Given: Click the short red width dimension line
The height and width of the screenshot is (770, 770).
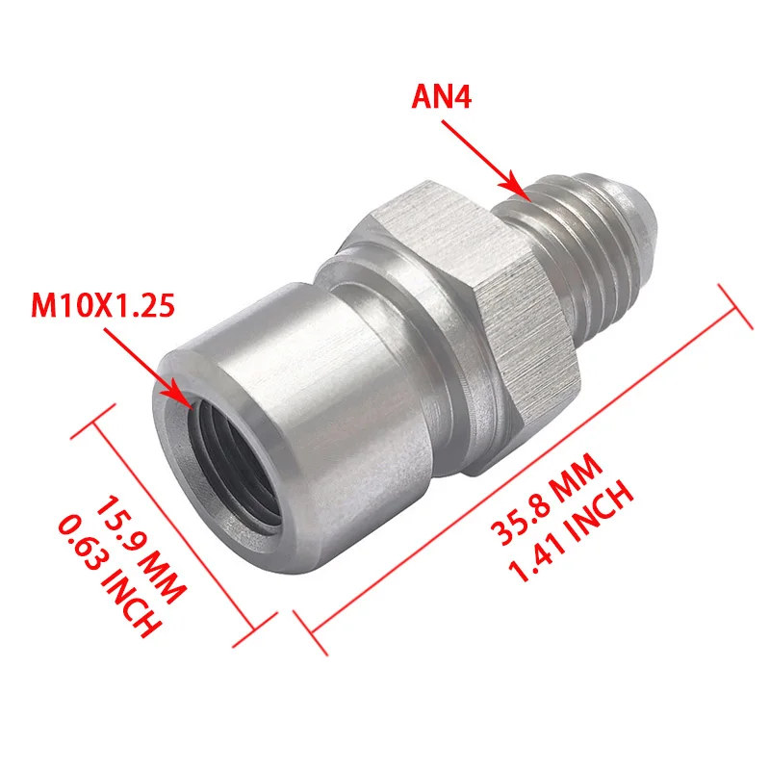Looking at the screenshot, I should [173, 520].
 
